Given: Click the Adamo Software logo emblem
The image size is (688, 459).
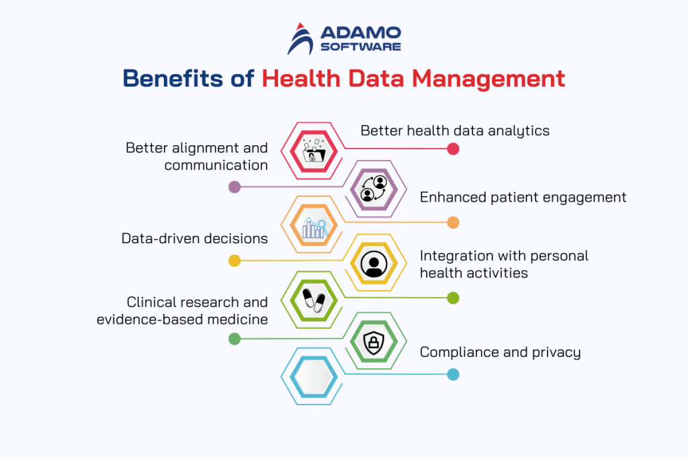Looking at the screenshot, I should click(300, 38).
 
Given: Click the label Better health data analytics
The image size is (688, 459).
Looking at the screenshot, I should click(455, 130).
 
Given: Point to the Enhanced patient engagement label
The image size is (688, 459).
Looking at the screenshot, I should click(523, 197).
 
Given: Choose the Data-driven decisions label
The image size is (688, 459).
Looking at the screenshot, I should click(194, 239).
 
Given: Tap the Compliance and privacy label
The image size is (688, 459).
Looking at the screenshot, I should click(500, 352).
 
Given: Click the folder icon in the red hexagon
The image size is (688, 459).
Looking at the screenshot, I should click(314, 150).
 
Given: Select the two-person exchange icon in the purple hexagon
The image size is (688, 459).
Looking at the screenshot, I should click(374, 190).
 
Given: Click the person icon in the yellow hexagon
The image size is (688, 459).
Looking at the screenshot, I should click(374, 264).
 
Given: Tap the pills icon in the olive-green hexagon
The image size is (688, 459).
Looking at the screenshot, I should click(314, 300).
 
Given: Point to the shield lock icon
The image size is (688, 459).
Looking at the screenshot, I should click(374, 343).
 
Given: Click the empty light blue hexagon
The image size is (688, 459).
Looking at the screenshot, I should click(314, 376).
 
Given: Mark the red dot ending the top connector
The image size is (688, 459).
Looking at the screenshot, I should click(454, 149).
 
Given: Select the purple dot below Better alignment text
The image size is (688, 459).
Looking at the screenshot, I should click(234, 187).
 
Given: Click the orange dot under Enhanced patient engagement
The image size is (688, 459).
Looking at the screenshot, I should click(454, 222).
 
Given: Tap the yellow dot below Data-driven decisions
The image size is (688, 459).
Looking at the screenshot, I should click(234, 261).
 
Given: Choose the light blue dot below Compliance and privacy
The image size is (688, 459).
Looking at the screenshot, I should click(454, 374).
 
